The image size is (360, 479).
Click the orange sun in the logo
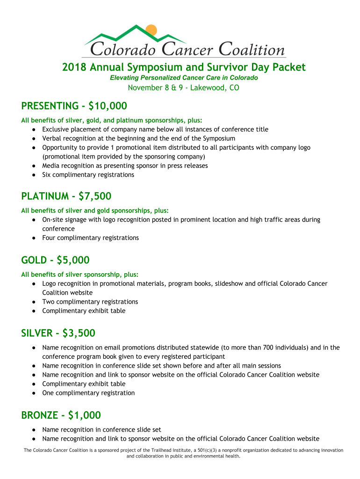pos(151,29)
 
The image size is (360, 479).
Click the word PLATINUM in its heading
pos(43,196)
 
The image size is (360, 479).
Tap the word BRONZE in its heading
pos(40,415)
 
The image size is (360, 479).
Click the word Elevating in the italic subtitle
pos(125,78)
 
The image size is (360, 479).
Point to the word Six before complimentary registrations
pos(47,175)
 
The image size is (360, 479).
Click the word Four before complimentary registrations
pos(50,238)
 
